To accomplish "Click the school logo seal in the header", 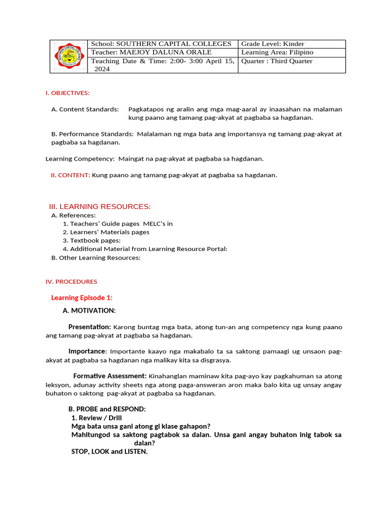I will click(x=68, y=57).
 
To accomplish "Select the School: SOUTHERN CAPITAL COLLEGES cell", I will click(x=161, y=44).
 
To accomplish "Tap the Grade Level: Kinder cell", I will click(x=273, y=44).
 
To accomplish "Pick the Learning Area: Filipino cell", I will click(x=277, y=53).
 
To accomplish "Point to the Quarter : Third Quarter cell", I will click(x=277, y=61).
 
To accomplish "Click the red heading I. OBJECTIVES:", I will click(x=67, y=93).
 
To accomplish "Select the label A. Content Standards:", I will click(x=85, y=109).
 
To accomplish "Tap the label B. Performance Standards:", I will click(x=92, y=134).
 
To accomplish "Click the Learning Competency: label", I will click(x=80, y=159).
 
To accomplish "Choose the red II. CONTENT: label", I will click(x=70, y=175).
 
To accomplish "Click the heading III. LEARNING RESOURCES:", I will click(x=100, y=206).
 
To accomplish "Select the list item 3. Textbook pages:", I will click(x=91, y=241).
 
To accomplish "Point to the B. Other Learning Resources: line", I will click(x=95, y=257).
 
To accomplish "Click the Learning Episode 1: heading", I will click(x=81, y=298).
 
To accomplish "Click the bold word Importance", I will click(x=87, y=351).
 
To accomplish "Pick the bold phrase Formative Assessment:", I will click(x=110, y=376).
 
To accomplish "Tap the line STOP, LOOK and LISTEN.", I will click(x=109, y=451).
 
